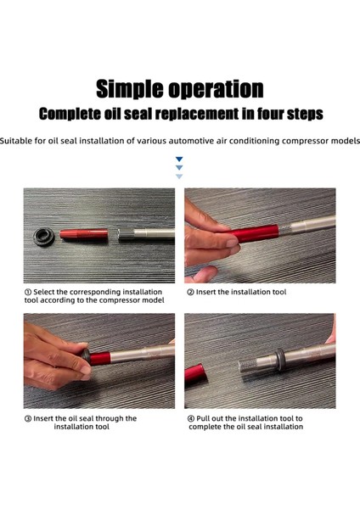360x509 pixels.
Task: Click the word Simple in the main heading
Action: click(130, 89)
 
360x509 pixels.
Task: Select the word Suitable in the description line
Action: click(16, 141)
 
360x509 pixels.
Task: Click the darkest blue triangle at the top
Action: click(179, 159)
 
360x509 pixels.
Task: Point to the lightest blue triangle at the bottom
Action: click(179, 176)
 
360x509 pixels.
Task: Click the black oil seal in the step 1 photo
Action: click(44, 237)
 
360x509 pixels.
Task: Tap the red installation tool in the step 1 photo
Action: click(84, 234)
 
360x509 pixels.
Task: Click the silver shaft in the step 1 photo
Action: click(146, 234)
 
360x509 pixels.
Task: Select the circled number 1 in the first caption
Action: click(28, 292)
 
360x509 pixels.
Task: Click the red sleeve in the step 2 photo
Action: click(253, 234)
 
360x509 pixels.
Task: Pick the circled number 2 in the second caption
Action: click(190, 292)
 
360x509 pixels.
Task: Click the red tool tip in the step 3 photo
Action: click(99, 358)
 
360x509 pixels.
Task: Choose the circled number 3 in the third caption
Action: click(28, 419)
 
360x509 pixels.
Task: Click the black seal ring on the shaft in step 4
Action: click(279, 359)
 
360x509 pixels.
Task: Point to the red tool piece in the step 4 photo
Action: click(195, 374)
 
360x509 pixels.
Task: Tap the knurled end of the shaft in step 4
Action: click(246, 366)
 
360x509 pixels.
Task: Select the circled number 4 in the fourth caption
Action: click(191, 419)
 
